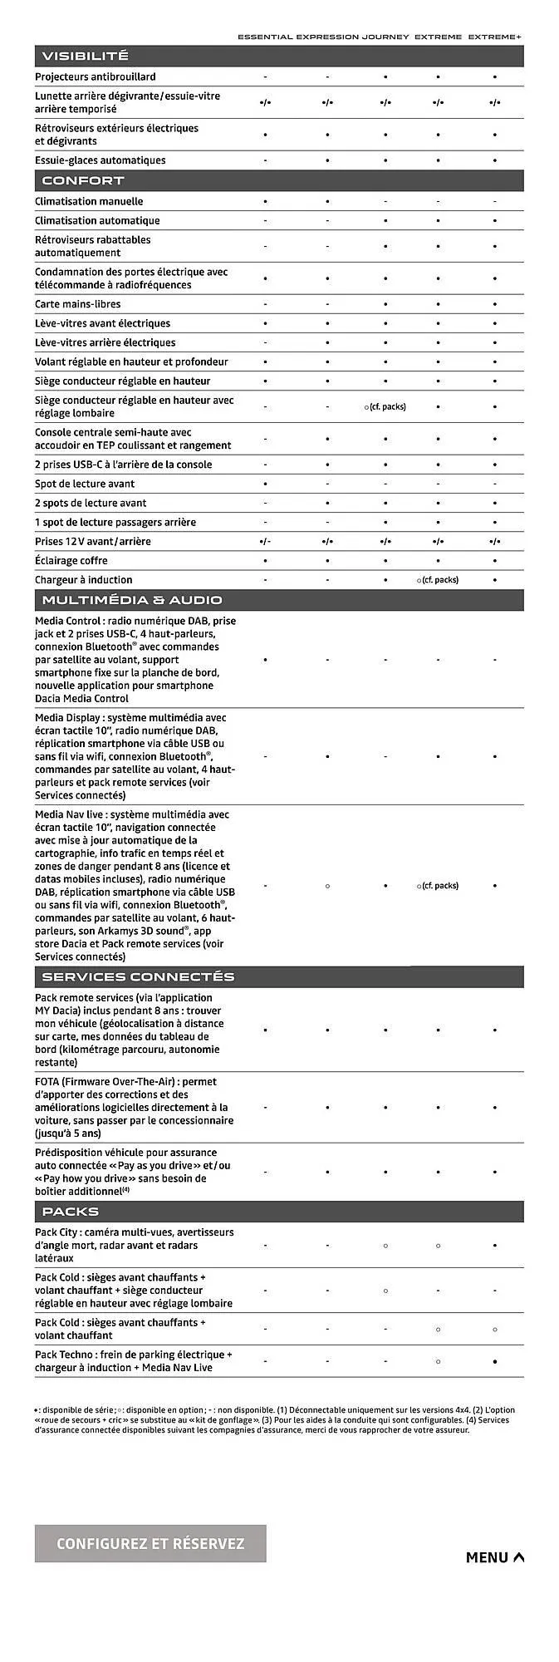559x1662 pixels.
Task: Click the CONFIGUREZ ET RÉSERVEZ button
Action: tap(150, 1543)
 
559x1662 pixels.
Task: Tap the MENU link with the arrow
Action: tap(494, 1557)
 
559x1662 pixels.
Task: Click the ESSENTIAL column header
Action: tap(265, 37)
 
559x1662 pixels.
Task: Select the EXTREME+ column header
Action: tap(495, 37)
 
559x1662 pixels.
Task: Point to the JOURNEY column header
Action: tap(385, 37)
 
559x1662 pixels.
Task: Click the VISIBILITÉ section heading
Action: tap(85, 56)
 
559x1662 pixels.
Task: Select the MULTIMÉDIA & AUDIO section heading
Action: tap(131, 599)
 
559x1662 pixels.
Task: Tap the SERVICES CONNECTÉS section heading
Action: tap(138, 976)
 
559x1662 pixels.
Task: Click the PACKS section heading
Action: tap(70, 1212)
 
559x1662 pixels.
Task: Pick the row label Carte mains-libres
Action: tap(77, 304)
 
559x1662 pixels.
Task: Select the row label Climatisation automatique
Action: tap(97, 220)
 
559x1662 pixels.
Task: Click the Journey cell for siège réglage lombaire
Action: tap(385, 407)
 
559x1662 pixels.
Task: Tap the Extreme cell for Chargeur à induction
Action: tap(438, 580)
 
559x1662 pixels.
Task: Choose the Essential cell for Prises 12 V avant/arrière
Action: tap(265, 541)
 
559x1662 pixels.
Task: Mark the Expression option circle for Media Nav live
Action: tap(327, 886)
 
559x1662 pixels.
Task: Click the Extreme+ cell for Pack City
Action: tap(495, 1246)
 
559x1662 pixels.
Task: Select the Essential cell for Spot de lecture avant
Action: tap(265, 484)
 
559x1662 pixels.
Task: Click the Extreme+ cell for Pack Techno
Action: tap(495, 1361)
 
